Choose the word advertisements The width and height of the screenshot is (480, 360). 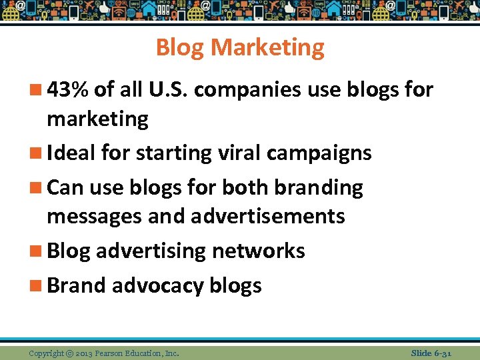pyautogui.click(x=267, y=216)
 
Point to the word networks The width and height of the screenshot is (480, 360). pyautogui.click(x=258, y=251)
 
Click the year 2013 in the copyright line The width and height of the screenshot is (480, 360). pyautogui.click(x=84, y=353)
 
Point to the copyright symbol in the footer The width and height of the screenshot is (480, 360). pyautogui.click(x=69, y=353)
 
